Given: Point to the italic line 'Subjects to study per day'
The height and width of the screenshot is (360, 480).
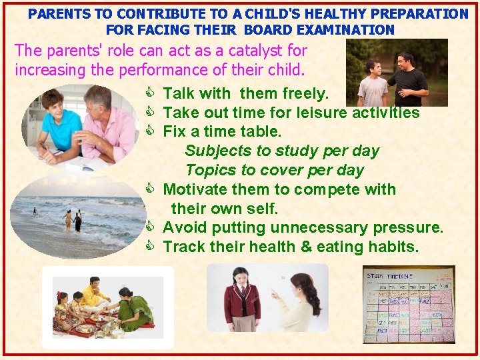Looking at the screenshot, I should tap(282, 151).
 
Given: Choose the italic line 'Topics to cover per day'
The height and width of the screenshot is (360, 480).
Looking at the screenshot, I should tap(275, 170).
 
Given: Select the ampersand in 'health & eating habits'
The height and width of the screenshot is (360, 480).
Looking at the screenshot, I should tap(306, 247).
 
